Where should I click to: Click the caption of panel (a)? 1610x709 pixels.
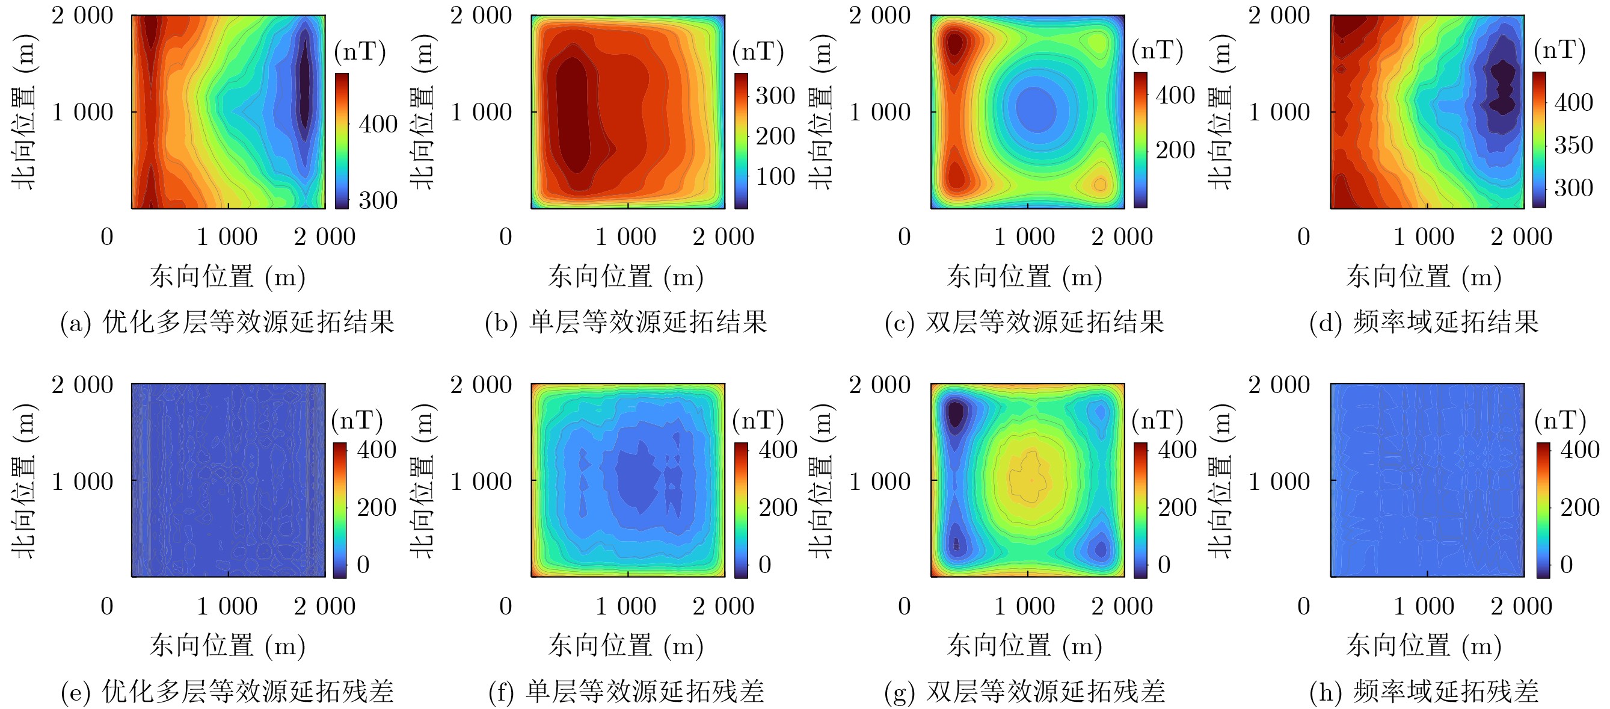227,323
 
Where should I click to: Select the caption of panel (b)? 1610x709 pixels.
626,323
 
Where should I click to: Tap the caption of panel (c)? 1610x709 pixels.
1025,323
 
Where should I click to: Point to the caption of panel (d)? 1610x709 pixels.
1424,323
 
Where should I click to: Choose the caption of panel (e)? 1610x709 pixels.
227,692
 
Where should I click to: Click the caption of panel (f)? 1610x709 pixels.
626,692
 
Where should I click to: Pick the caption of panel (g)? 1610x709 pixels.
1025,692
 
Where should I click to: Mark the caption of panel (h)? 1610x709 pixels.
1424,692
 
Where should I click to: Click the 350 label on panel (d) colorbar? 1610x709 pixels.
1573,145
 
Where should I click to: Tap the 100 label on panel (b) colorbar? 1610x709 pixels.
775,176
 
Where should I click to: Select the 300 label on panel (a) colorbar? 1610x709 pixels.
378,200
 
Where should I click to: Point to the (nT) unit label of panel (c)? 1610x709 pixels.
1157,51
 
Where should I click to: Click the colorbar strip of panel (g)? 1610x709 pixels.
1141,510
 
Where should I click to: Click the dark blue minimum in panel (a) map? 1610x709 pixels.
304,87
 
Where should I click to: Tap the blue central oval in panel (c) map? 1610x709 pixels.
1036,110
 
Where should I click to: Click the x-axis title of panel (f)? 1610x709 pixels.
626,645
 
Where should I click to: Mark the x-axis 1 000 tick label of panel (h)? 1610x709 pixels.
1424,606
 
